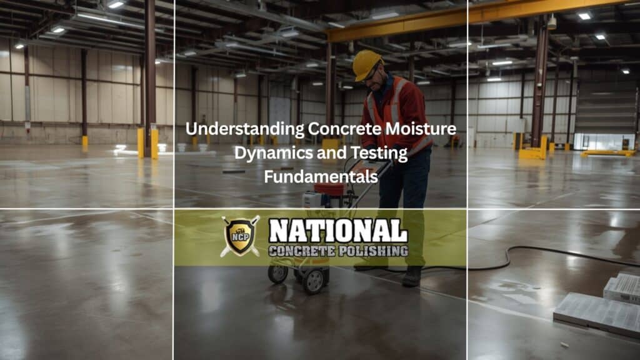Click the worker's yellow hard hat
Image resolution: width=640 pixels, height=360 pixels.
tap(366, 63)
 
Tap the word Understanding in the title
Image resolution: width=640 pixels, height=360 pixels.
tap(244, 129)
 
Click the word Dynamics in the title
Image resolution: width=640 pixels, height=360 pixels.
tap(268, 153)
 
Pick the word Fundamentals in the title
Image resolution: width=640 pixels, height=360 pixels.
tap(321, 177)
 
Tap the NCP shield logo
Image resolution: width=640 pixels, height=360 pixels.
tap(240, 236)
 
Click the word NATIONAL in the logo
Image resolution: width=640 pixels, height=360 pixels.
tap(338, 230)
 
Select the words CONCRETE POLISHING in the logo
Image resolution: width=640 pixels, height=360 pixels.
tap(338, 251)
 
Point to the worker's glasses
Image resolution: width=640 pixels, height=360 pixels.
tap(371, 74)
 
